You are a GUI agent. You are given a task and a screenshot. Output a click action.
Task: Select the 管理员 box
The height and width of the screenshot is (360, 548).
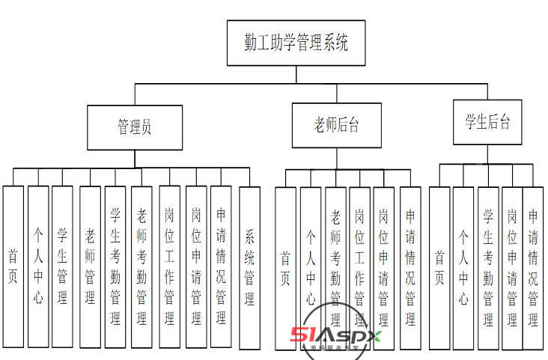pos(135,127)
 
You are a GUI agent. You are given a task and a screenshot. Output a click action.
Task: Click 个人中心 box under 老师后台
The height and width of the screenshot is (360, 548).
pos(311,268)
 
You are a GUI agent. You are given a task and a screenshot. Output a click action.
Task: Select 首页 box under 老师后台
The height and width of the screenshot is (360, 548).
pos(285,268)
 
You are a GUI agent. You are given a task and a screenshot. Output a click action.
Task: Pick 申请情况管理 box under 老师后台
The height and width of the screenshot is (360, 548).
pos(410,268)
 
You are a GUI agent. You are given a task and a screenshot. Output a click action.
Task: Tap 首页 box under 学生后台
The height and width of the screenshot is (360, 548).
pos(439,268)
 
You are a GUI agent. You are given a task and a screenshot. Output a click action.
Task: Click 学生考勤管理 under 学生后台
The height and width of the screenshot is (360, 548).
pos(488,268)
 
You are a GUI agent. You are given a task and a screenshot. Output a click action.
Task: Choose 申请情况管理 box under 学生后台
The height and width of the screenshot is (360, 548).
pos(533,268)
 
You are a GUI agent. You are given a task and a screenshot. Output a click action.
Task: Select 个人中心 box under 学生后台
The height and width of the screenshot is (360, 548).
pos(463,268)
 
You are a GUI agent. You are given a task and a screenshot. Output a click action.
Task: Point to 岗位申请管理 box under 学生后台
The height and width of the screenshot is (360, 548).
pos(512,268)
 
